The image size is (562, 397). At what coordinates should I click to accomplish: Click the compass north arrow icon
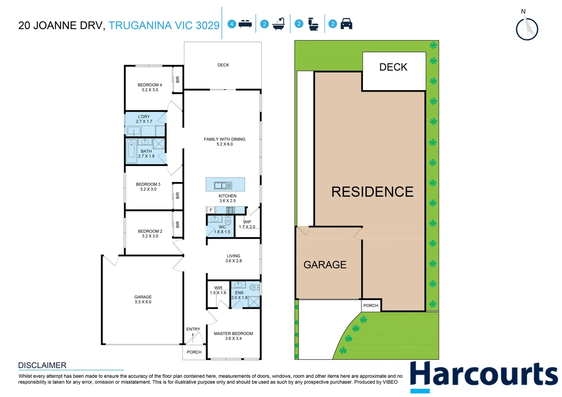coord(527,29)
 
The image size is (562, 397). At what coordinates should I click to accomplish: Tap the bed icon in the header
coord(245,24)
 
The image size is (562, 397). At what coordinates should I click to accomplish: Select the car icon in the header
coord(346,24)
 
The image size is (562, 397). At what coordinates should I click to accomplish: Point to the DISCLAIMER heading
coord(42,365)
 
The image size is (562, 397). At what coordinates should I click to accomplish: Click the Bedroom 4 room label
coord(150,87)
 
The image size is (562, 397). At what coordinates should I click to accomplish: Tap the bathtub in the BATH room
coord(131,151)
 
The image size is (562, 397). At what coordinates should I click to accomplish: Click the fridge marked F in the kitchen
coord(211,210)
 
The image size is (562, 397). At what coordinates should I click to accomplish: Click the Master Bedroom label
coord(233,336)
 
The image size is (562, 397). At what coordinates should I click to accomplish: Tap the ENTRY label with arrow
coord(193,329)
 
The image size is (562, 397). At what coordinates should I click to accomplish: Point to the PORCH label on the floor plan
coord(194,352)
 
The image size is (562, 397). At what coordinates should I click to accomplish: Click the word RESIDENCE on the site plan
coord(372,192)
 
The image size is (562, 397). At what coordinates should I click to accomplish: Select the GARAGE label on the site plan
coord(325,265)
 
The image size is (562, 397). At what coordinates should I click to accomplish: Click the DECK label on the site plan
coord(393,67)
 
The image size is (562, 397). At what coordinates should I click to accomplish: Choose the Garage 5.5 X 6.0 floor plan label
coord(143,299)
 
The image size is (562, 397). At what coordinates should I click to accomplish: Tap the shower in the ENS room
coord(254,301)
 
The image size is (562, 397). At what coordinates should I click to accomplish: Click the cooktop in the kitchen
coord(231,210)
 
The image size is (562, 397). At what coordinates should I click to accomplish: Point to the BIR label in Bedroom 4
coord(178,79)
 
